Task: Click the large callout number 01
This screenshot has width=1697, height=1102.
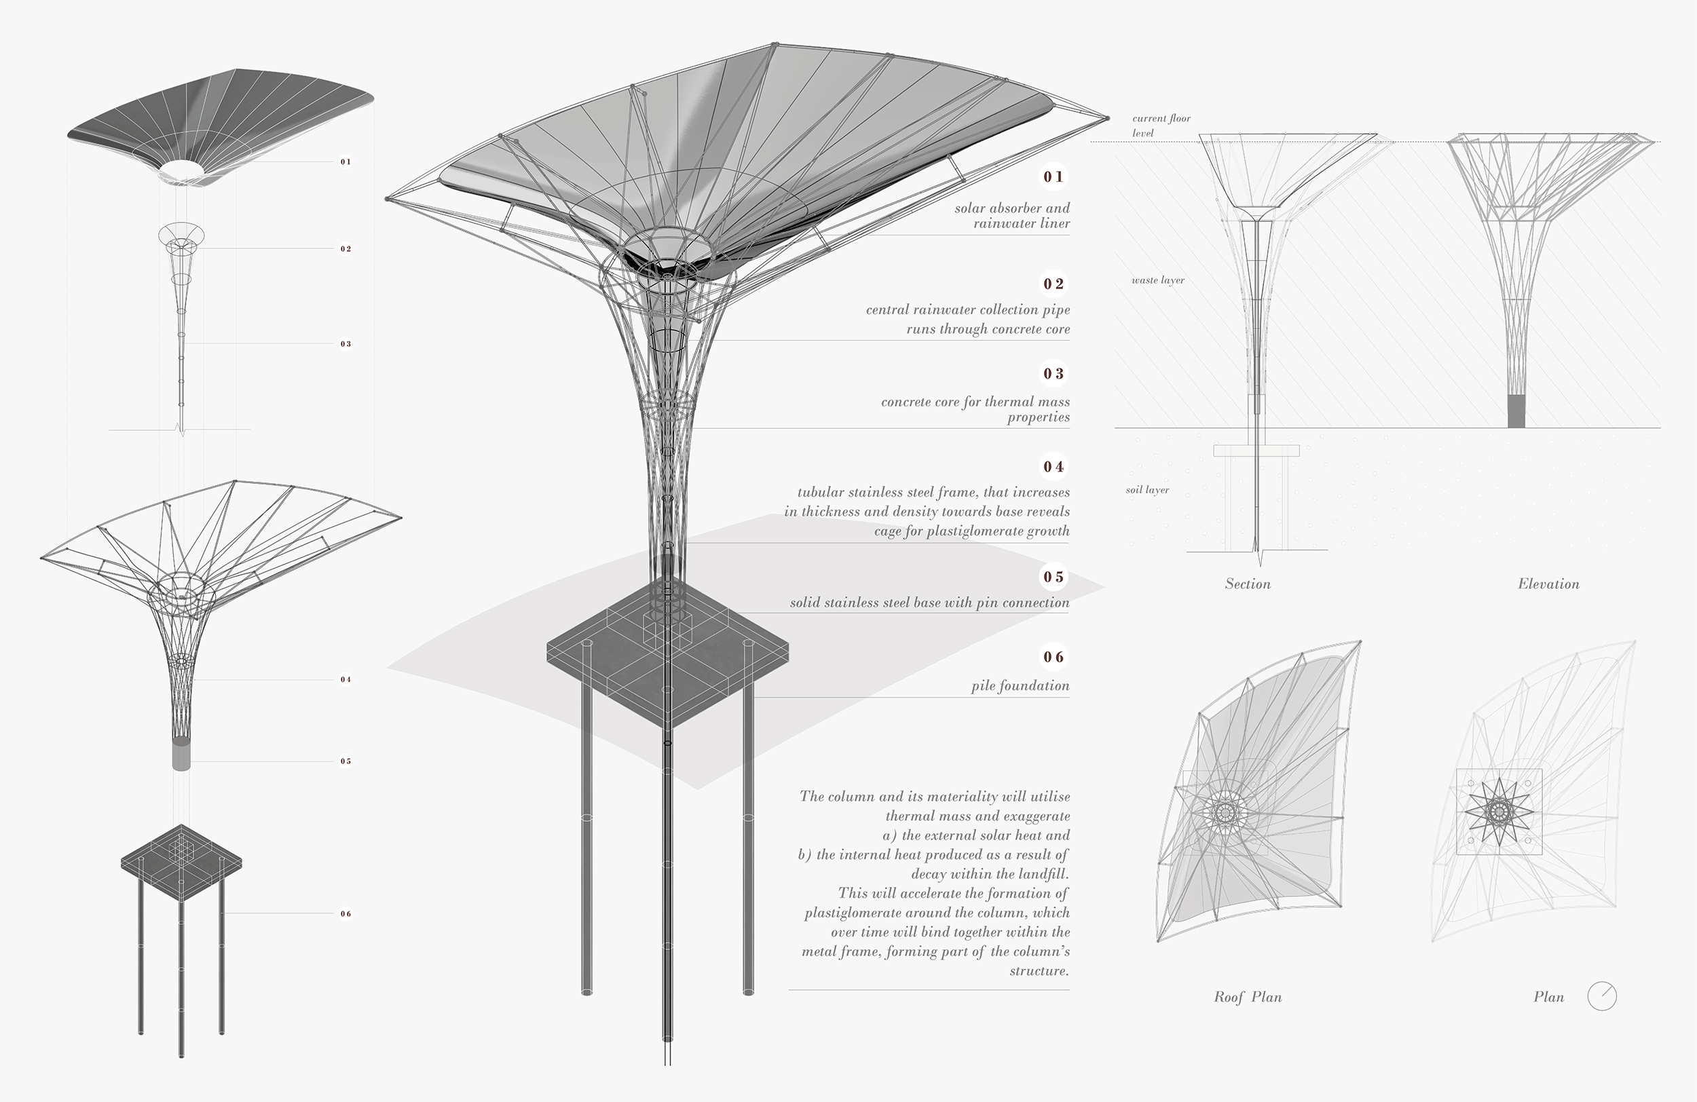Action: click(1053, 177)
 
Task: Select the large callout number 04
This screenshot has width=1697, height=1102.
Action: click(1053, 467)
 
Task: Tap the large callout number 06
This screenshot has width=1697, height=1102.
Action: click(1053, 656)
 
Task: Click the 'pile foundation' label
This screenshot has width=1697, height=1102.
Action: click(1020, 686)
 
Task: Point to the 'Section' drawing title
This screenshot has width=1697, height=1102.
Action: click(1247, 584)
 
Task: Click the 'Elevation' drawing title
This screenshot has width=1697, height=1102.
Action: click(1548, 584)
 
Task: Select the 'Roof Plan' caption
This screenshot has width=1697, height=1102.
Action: click(1247, 997)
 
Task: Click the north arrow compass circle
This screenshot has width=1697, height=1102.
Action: click(1601, 997)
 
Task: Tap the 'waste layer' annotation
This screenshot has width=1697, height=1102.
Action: click(1157, 280)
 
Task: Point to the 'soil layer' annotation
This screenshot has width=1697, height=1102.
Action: click(1146, 490)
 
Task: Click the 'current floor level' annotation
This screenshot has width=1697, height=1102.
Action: click(1161, 126)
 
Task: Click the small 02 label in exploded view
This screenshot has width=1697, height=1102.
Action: click(346, 249)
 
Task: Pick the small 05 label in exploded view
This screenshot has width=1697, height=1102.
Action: click(346, 761)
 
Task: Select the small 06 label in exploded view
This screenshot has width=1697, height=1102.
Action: click(346, 914)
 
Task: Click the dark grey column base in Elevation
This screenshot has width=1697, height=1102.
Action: click(1516, 411)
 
